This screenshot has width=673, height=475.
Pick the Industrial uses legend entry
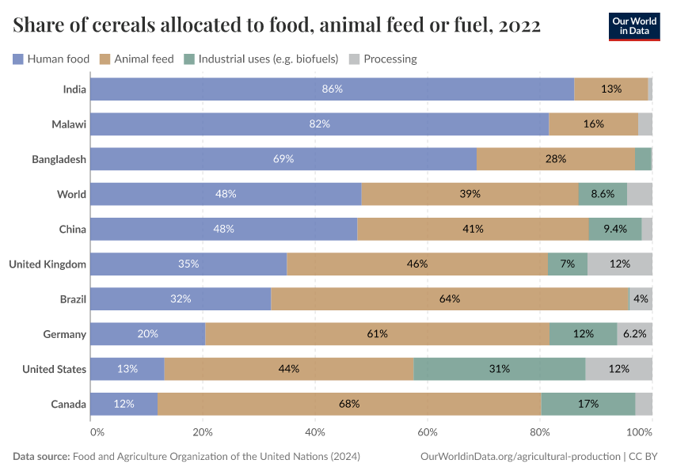tap(261, 59)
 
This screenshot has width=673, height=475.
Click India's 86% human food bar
tap(332, 89)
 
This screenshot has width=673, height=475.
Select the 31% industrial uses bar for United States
tap(499, 369)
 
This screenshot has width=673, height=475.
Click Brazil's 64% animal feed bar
tap(450, 299)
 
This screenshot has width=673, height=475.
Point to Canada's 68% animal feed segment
tap(349, 404)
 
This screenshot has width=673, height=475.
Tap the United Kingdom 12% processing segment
tap(619, 264)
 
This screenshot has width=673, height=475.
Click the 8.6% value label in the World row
tap(603, 194)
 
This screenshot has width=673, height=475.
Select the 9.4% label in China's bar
tap(614, 229)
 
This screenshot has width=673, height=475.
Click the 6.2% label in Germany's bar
tap(634, 334)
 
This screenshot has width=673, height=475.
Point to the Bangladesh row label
tap(59, 159)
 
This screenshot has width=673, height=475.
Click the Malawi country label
tap(69, 124)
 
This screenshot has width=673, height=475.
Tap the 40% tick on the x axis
tap(315, 432)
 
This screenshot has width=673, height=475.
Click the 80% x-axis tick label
tap(540, 432)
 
